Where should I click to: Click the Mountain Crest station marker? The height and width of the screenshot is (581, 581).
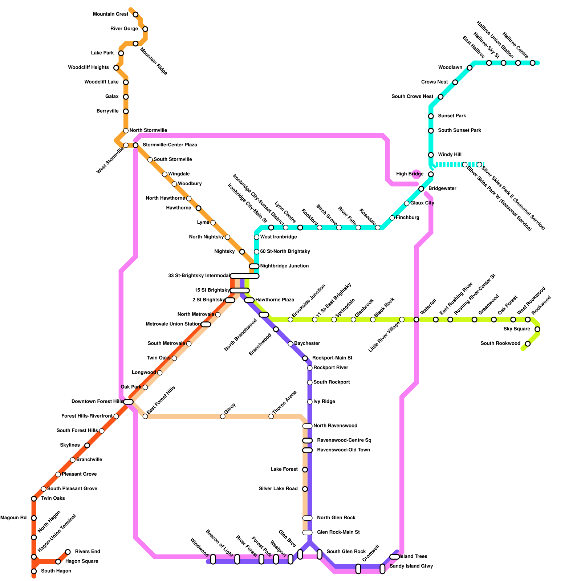(x=135, y=15)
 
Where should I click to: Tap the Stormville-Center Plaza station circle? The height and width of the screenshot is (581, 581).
(x=135, y=145)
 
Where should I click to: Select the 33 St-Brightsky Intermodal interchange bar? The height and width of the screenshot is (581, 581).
(x=244, y=276)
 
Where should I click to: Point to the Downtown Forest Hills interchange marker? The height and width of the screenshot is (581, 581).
(x=128, y=402)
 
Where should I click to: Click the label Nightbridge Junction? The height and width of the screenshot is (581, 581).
(x=284, y=266)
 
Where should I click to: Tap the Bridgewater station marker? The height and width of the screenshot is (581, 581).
(x=421, y=189)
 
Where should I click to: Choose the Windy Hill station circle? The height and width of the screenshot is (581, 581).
(x=431, y=155)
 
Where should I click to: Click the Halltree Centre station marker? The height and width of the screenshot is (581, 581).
(x=532, y=63)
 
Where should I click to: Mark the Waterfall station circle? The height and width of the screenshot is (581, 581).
(x=416, y=320)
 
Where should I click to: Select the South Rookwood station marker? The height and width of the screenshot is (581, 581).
(x=528, y=344)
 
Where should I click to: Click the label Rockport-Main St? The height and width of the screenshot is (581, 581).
(x=332, y=358)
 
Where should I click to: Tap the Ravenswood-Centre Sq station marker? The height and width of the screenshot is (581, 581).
(x=307, y=440)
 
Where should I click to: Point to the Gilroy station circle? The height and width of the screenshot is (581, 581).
(x=223, y=416)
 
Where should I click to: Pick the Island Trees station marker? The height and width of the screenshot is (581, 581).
(x=394, y=557)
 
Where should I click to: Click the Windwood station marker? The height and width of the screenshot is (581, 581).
(x=213, y=559)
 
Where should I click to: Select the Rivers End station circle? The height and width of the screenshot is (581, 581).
(x=68, y=552)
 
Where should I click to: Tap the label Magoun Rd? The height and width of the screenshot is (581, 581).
(x=13, y=518)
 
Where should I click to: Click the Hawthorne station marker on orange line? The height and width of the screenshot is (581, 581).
(x=198, y=208)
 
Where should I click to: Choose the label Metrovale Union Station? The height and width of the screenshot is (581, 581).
(x=173, y=324)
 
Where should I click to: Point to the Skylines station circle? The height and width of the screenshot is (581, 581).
(x=87, y=445)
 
